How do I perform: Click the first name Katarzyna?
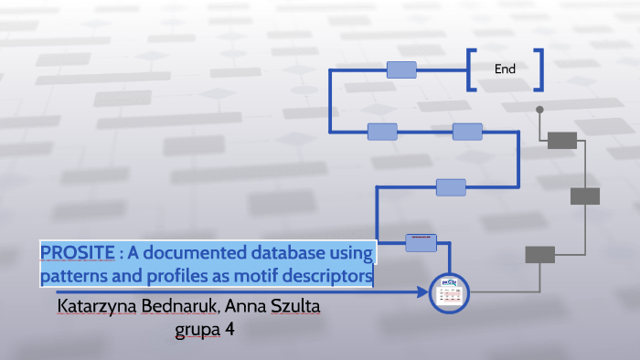coord(96,306)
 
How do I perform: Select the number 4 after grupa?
coord(231,328)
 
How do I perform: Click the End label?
coord(505,69)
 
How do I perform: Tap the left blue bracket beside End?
coord(471,69)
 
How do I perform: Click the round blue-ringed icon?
coord(448,292)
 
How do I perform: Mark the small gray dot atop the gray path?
coord(539,110)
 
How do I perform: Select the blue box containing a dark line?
coord(421,242)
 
